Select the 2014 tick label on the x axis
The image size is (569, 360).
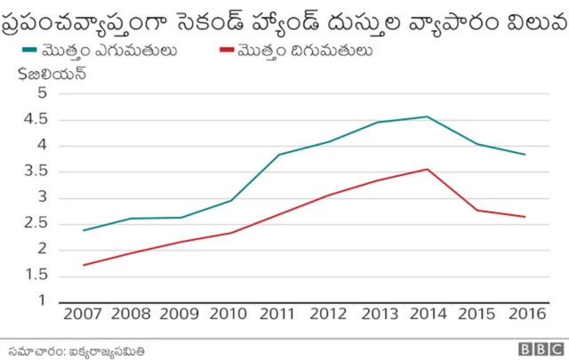[428, 314]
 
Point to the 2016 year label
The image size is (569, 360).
[525, 314]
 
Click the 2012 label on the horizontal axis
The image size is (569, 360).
[329, 314]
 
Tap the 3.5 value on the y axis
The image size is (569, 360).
[36, 172]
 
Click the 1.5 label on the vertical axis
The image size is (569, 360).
[36, 276]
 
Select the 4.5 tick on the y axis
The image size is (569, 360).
[36, 120]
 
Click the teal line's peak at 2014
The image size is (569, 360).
[428, 116]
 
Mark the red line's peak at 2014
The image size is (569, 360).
[428, 169]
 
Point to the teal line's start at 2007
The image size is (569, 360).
[84, 230]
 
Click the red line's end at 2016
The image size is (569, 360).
[525, 217]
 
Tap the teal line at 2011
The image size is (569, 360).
[280, 155]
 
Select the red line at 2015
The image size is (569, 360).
[477, 210]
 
